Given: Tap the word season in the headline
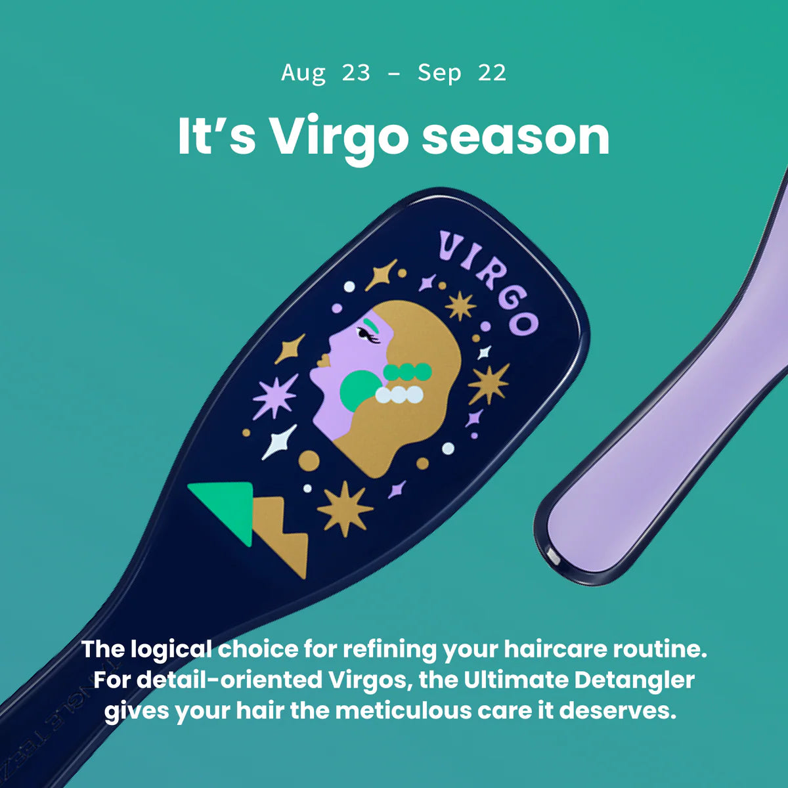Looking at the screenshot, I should pos(515,137).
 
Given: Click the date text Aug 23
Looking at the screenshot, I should pos(326,72).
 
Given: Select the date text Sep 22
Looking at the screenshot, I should pos(462,72).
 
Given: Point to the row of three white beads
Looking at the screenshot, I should pos(399,394).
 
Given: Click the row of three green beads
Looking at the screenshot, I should pos(407,372).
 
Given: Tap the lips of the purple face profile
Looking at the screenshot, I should pos(323,361).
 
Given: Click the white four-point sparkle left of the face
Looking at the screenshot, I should pos(280,442).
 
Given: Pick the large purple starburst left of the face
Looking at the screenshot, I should pos(274,397).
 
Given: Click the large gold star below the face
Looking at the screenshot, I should pos(345,508).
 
